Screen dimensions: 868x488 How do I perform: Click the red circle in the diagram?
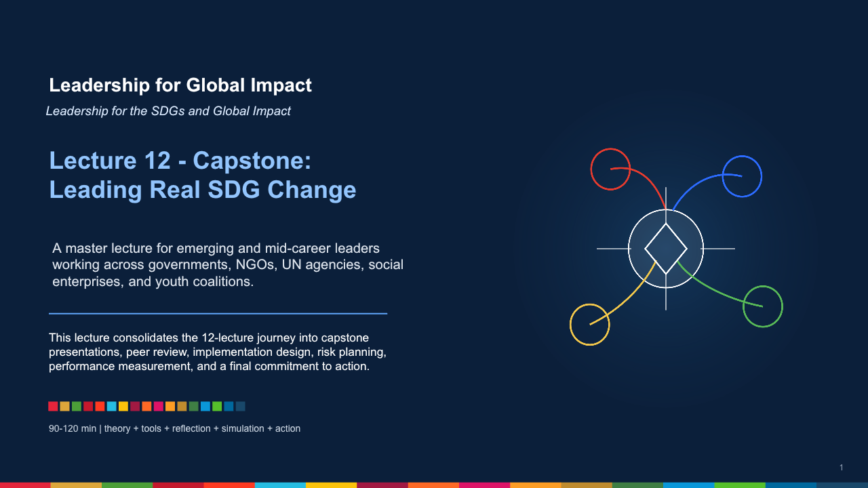click(x=591, y=169)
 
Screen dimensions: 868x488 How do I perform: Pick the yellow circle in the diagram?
click(x=570, y=325)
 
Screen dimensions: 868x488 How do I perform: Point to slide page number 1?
click(x=842, y=468)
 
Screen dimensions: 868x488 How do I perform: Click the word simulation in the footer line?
click(x=243, y=429)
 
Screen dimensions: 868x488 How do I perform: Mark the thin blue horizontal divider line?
click(x=218, y=314)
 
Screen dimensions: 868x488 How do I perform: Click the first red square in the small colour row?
click(x=53, y=406)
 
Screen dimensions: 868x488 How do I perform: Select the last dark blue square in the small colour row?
click(x=241, y=406)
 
